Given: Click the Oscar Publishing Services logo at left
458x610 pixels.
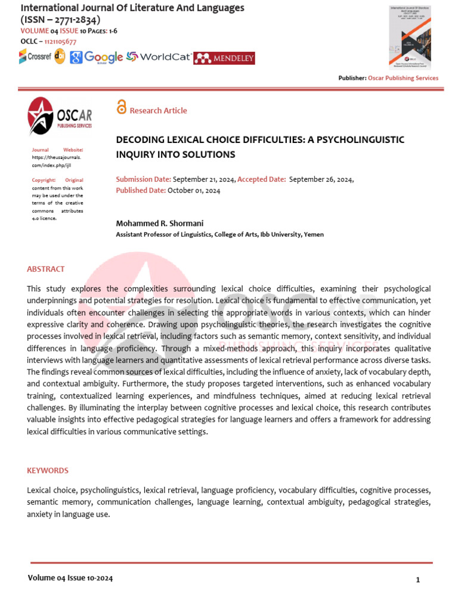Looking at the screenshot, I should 59,117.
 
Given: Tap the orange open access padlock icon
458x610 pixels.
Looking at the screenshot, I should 122,108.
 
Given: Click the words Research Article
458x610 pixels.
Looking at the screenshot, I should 158,111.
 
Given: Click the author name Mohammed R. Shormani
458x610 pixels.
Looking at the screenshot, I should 159,223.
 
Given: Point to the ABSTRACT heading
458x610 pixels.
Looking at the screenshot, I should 46,269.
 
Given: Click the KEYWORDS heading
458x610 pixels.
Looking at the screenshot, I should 48,471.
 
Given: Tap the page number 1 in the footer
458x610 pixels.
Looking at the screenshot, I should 418,580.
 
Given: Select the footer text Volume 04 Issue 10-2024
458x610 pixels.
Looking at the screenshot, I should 70,578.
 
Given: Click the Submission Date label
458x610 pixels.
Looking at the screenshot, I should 143,179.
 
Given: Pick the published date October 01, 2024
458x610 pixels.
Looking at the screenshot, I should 194,191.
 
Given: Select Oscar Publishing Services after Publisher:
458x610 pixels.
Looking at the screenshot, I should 403,78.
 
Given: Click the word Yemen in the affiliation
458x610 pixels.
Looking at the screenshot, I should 314,235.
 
